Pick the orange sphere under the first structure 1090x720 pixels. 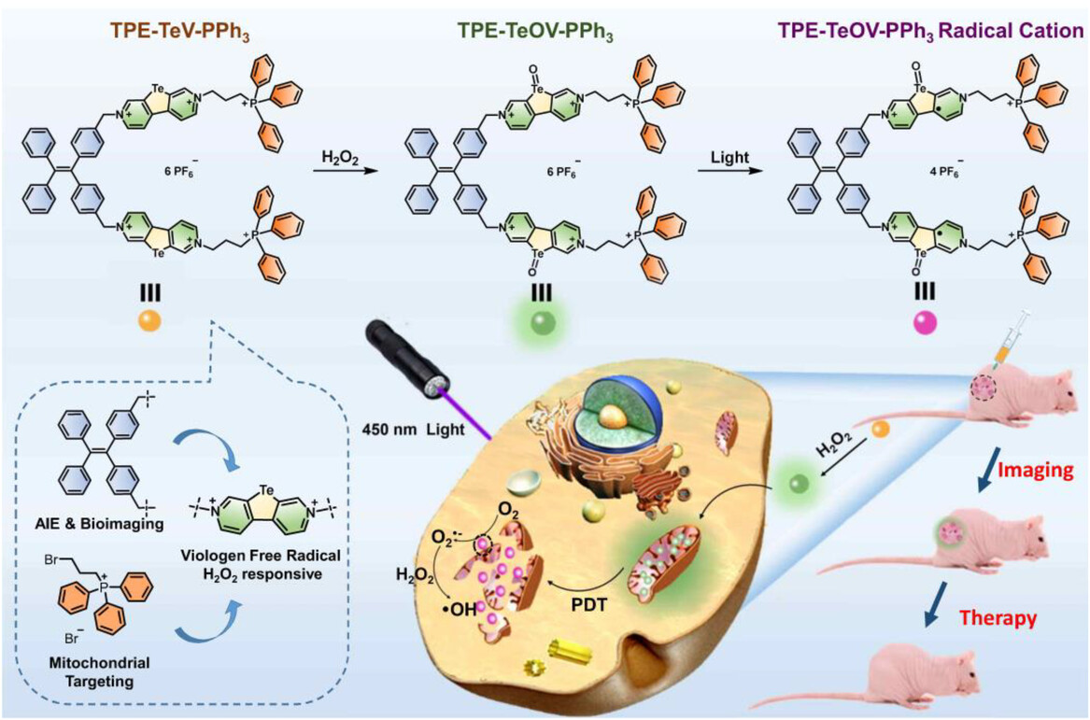tap(149, 320)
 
